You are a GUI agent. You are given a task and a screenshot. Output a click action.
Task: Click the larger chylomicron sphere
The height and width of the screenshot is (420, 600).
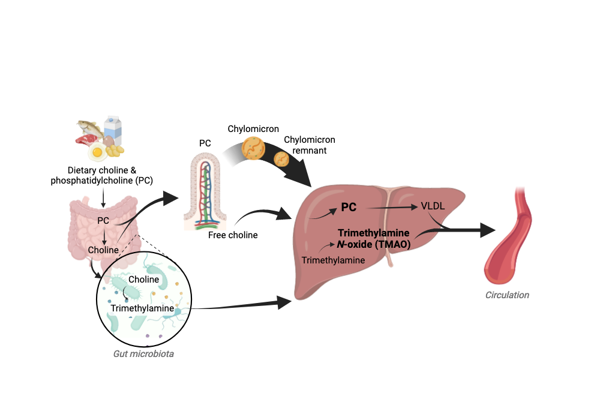point(254,149)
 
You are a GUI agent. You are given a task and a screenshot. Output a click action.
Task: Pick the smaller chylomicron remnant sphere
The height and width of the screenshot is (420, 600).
point(281,158)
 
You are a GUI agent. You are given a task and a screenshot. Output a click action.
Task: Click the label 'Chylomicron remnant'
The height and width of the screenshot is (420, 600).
point(309,145)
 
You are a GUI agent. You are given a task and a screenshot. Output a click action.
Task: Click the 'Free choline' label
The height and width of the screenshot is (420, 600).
point(233,235)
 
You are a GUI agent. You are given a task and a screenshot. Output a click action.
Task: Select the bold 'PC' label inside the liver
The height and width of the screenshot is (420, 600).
point(349,208)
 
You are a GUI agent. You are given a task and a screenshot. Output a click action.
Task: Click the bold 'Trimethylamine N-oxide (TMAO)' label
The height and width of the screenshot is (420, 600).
point(373,238)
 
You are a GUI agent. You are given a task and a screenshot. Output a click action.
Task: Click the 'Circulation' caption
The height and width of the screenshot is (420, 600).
point(508,295)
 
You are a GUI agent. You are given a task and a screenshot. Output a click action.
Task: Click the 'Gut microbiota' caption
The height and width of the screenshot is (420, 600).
point(143,353)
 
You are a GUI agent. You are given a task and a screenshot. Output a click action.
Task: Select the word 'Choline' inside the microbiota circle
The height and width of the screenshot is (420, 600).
point(144,280)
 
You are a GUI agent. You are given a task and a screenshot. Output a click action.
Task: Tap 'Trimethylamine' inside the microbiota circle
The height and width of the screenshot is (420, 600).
point(142,308)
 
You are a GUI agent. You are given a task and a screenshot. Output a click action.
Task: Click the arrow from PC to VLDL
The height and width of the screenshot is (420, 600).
point(390,208)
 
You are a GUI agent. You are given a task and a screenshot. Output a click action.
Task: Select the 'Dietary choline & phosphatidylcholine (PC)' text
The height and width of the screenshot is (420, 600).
point(104,175)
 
